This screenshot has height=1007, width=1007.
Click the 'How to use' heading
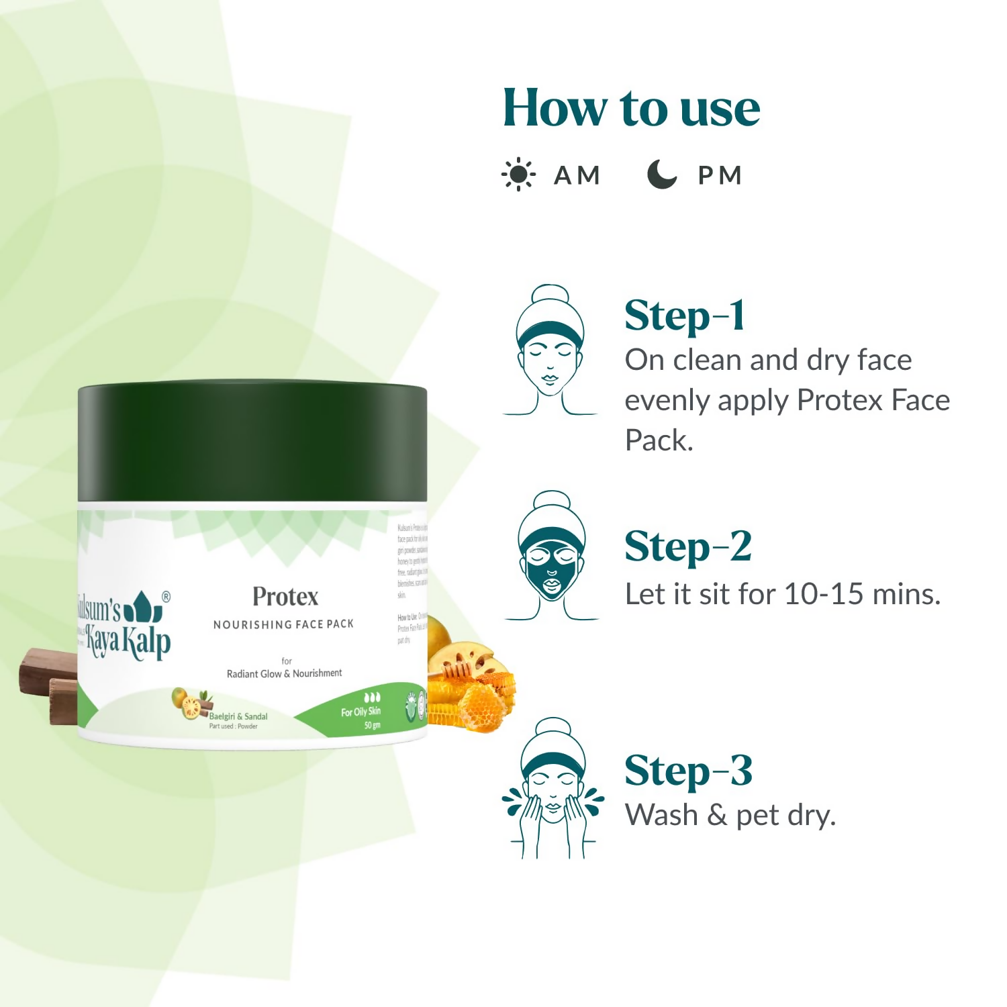[631, 108]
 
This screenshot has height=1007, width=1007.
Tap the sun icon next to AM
[518, 175]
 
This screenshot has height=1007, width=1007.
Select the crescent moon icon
[661, 175]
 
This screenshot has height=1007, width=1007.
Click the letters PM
[720, 176]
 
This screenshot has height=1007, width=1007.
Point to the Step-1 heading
[684, 316]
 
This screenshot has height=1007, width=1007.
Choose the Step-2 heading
[687, 546]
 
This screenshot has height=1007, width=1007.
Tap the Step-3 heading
[688, 771]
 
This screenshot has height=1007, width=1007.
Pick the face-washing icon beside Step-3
[552, 789]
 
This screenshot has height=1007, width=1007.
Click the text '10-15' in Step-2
[825, 595]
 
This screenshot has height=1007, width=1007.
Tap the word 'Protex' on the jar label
[285, 597]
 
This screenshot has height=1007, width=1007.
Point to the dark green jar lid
[252, 442]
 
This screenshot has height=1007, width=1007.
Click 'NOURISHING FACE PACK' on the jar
[283, 624]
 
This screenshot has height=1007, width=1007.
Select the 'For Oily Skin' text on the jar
[361, 712]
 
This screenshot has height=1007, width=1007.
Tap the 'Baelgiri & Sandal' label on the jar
[238, 716]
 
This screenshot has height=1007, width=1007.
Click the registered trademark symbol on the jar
[166, 596]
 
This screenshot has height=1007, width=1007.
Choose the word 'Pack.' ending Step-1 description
[659, 441]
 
